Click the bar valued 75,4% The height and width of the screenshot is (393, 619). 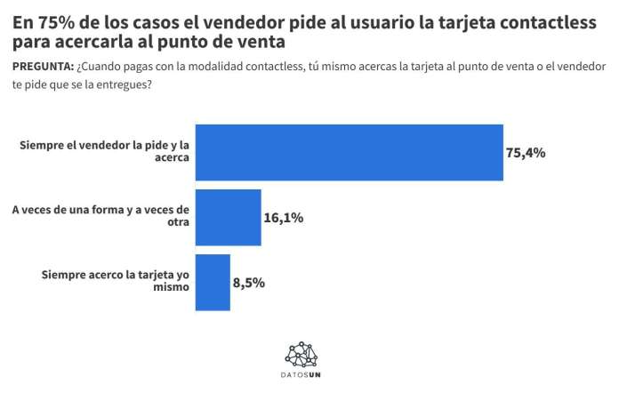click(x=349, y=152)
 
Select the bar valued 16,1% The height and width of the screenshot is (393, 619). click(x=228, y=217)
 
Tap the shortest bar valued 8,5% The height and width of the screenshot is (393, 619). click(x=213, y=282)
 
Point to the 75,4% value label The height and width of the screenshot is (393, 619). click(x=525, y=153)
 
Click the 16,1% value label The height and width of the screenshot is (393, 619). click(x=284, y=217)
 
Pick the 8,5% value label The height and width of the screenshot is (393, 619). click(x=249, y=283)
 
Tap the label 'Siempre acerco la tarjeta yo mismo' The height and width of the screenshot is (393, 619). click(x=116, y=282)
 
